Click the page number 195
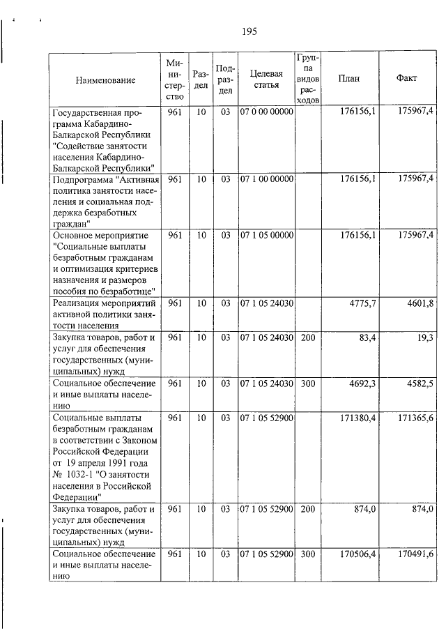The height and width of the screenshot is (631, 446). [x=250, y=31]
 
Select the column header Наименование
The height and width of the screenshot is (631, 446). [x=106, y=79]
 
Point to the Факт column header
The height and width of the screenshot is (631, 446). [x=406, y=79]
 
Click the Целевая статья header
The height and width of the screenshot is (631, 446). [x=266, y=79]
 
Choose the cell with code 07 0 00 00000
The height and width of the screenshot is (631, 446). [x=266, y=112]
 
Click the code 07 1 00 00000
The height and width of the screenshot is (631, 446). [x=266, y=179]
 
